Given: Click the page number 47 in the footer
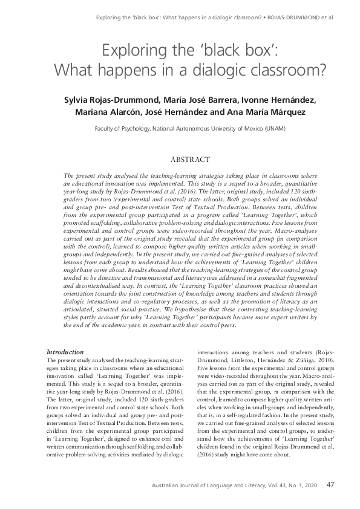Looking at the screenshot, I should [x=330, y=484].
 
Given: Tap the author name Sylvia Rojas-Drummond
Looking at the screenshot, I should [x=108, y=100].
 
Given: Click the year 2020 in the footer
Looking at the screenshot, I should [x=308, y=485].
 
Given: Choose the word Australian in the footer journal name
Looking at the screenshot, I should [x=156, y=485].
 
